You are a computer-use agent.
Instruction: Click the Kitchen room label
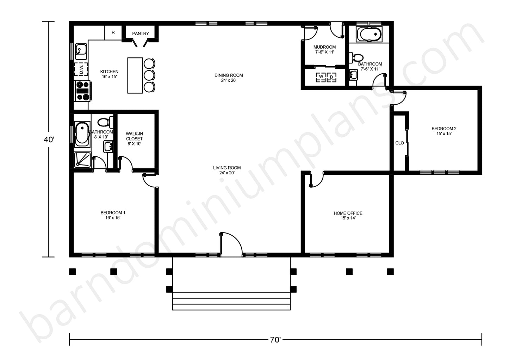[x=109, y=74]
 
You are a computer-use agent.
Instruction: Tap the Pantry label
[x=141, y=33]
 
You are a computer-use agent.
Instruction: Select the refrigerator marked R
[x=113, y=32]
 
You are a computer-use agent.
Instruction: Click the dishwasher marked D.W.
[x=81, y=69]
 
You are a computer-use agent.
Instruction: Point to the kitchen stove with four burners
[x=83, y=91]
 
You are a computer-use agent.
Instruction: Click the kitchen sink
[x=81, y=51]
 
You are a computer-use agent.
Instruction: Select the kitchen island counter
[x=135, y=75]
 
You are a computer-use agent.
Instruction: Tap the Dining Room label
[x=229, y=77]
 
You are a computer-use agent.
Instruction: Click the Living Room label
[x=227, y=170]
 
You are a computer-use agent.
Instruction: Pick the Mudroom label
[x=324, y=49]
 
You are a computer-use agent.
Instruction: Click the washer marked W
[x=321, y=77]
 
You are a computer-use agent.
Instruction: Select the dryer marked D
[x=331, y=77]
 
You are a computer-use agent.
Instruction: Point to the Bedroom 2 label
[x=444, y=131]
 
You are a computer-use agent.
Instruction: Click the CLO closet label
[x=399, y=143]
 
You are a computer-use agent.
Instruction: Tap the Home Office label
[x=348, y=215]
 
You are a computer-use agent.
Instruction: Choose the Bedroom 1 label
[x=113, y=215]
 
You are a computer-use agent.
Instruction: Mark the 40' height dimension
[x=49, y=139]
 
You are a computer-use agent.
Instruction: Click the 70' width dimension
[x=275, y=340]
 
